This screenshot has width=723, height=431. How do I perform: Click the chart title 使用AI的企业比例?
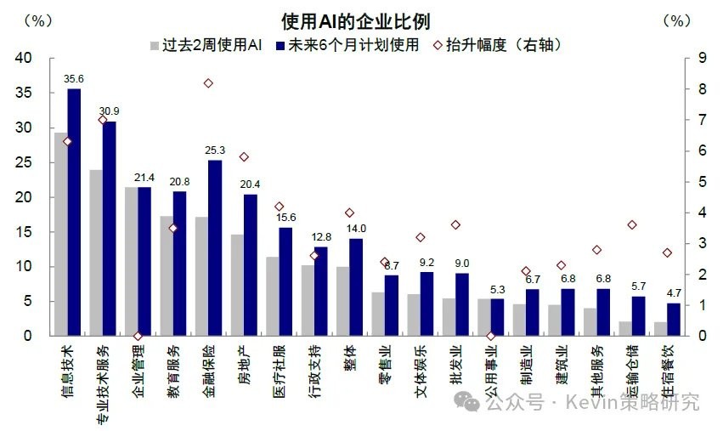click(361, 21)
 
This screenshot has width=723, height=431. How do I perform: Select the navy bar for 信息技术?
click(74, 213)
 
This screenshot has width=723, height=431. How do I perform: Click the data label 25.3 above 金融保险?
click(215, 150)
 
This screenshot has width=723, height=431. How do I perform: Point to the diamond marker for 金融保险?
click(208, 82)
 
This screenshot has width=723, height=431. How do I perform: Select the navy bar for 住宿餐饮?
click(674, 320)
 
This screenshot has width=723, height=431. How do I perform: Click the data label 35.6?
click(74, 79)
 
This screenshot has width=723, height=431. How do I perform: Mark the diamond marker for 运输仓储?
click(632, 224)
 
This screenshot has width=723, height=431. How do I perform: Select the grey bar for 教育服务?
click(167, 275)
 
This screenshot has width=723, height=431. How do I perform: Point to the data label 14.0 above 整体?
click(356, 229)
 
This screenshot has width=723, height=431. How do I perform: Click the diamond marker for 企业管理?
click(138, 336)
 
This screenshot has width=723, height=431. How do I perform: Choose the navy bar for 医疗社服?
click(285, 281)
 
